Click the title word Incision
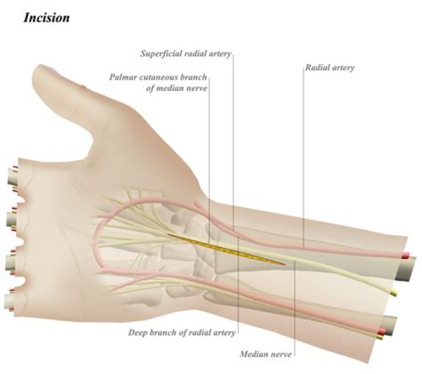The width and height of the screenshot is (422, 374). [46, 18]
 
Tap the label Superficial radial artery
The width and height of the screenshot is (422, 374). [186, 54]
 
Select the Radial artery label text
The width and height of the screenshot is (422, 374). [329, 67]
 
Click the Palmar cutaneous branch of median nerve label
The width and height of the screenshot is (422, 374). [158, 83]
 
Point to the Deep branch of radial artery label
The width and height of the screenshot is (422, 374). [182, 332]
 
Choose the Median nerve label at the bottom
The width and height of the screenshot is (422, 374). [266, 354]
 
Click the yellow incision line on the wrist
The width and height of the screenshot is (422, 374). [227, 249]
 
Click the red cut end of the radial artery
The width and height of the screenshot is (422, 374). [406, 256]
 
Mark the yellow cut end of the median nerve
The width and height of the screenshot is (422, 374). [393, 292]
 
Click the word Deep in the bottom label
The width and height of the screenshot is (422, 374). [137, 333]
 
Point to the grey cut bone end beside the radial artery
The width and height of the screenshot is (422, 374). [406, 270]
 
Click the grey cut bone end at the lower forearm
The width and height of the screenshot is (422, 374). [390, 325]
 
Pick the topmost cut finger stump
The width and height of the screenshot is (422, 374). [12, 176]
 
